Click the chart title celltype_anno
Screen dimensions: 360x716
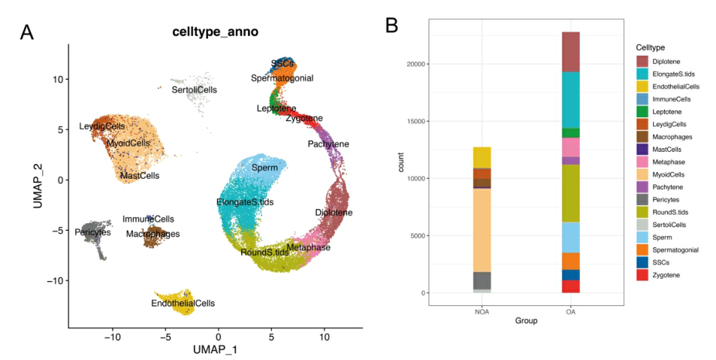[216, 32]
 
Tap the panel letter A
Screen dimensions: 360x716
[27, 32]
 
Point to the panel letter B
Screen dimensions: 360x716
[391, 26]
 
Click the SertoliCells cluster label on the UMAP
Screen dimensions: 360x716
[194, 89]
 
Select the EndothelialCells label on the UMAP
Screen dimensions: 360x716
[183, 303]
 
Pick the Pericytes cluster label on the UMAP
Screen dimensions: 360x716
[93, 232]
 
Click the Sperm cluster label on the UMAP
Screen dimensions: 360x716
[264, 168]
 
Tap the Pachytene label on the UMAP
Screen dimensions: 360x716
[328, 144]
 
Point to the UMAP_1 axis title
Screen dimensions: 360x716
[216, 349]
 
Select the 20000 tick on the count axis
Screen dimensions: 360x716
[414, 64]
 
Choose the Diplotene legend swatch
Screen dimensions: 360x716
[642, 61]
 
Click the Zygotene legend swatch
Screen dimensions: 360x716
[642, 276]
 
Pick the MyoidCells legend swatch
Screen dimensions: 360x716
[642, 175]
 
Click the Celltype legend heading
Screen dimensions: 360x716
[652, 47]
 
